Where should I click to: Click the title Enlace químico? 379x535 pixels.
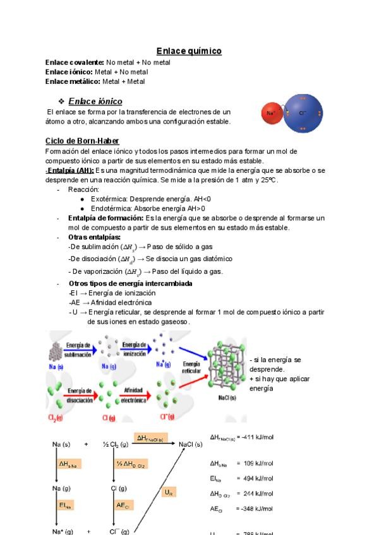189,51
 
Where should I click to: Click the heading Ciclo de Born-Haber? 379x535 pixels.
82,141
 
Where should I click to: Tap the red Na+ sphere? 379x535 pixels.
271,113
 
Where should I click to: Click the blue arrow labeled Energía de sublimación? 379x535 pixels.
78,349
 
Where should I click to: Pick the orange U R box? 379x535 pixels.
169,492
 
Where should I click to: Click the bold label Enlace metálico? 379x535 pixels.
73,81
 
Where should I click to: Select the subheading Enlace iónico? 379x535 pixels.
95,101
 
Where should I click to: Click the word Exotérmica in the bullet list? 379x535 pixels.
109,199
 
